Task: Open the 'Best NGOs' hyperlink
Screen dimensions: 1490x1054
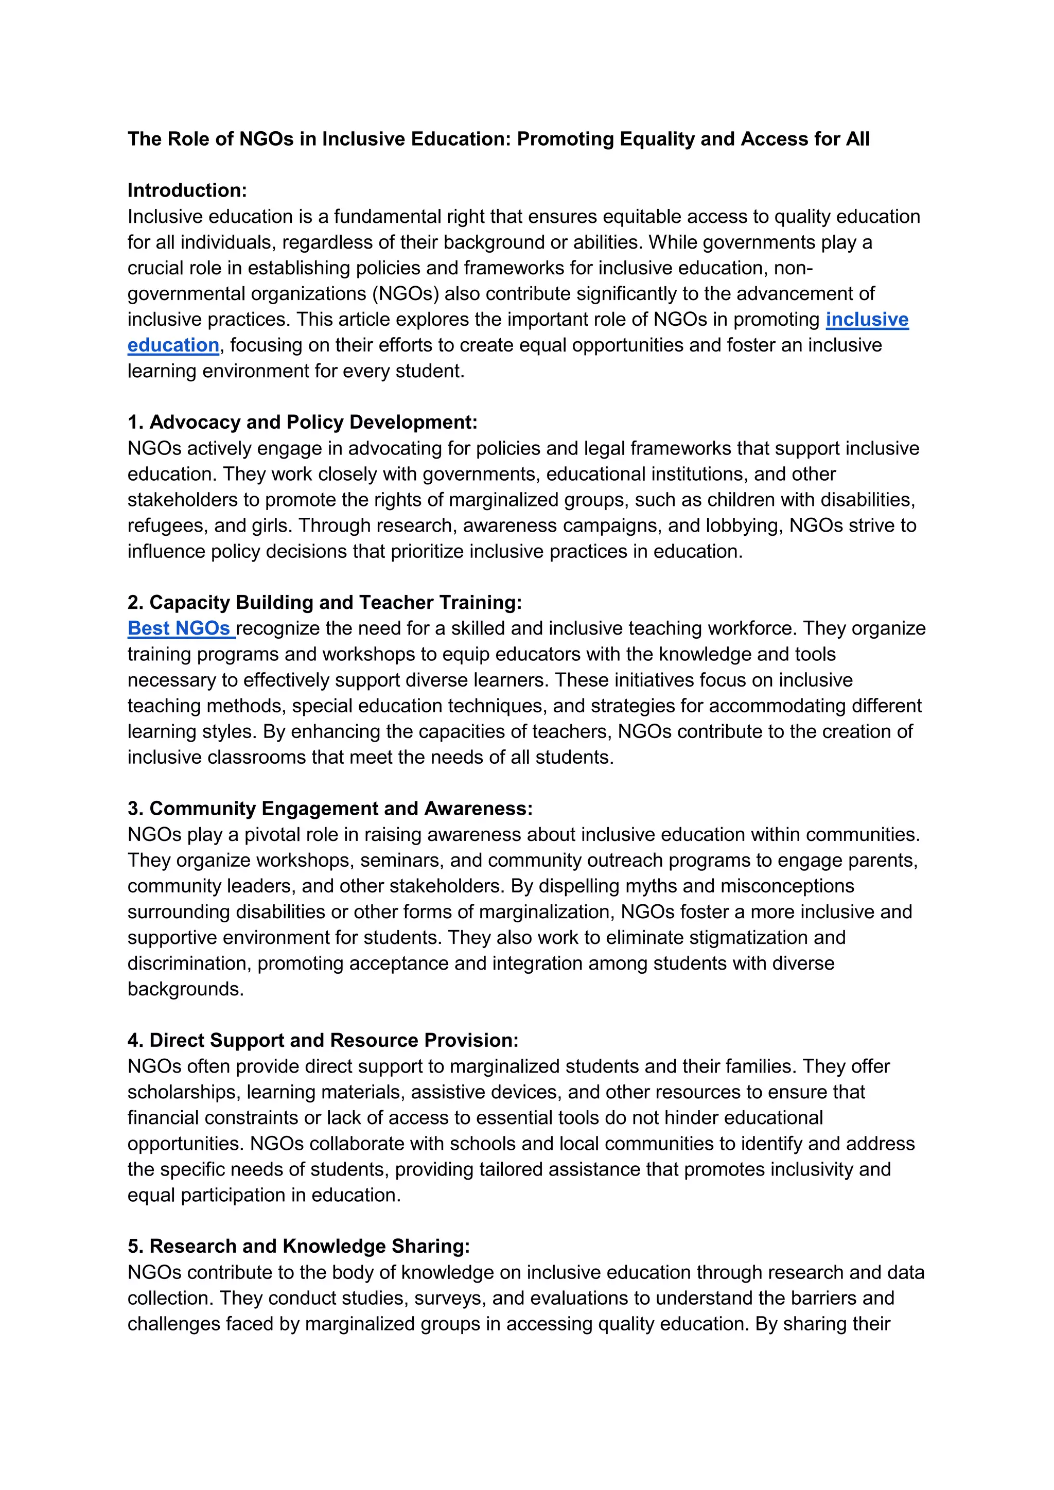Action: coord(179,628)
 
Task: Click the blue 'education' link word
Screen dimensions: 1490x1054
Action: coord(173,345)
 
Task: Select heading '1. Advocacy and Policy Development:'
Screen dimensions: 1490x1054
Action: coord(303,423)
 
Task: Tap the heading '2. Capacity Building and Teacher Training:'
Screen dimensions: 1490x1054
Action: coord(325,602)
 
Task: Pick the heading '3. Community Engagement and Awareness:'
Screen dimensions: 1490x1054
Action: coord(330,809)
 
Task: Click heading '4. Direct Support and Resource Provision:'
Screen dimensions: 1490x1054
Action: coord(323,1040)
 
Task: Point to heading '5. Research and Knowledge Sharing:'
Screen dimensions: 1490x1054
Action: coord(298,1246)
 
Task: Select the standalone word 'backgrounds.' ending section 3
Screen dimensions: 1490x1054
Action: coord(186,989)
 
